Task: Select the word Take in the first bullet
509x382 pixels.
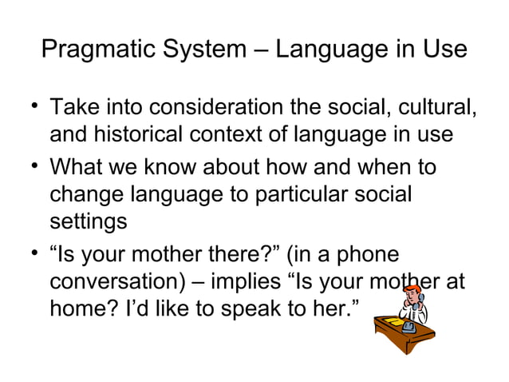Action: [74, 106]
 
